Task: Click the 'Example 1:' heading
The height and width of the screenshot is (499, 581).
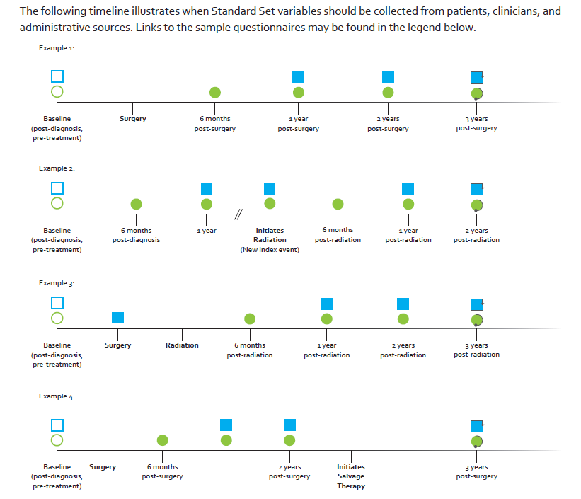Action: (x=57, y=48)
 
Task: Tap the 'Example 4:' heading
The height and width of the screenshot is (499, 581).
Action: (x=57, y=396)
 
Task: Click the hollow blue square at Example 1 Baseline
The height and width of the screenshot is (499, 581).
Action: (x=57, y=76)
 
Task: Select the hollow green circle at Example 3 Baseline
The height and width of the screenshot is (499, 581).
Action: (x=57, y=318)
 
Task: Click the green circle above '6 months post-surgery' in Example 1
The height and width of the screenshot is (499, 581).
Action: (x=215, y=92)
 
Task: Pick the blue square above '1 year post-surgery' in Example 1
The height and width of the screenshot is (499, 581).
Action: (x=298, y=77)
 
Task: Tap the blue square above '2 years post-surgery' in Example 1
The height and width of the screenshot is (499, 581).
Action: (x=388, y=77)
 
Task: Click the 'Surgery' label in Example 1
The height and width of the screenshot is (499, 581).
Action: (x=132, y=119)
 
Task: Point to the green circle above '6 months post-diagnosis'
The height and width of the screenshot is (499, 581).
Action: (x=137, y=205)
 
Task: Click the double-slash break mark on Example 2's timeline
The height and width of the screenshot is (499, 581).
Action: (x=238, y=214)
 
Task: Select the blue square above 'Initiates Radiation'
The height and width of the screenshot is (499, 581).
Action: (x=270, y=189)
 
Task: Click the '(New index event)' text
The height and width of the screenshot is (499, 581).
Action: (x=270, y=250)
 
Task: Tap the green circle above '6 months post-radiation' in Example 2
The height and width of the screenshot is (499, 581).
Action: (x=338, y=205)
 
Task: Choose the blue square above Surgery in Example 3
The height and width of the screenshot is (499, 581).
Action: (x=118, y=318)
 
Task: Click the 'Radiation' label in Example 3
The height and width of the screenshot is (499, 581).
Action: (x=182, y=345)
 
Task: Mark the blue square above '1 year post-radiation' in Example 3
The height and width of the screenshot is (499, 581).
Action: (x=327, y=304)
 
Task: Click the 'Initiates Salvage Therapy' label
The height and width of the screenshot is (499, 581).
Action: (x=351, y=476)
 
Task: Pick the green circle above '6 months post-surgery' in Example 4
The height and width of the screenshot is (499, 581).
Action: (x=162, y=440)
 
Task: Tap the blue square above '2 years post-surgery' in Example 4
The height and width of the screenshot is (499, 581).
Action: (x=289, y=425)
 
